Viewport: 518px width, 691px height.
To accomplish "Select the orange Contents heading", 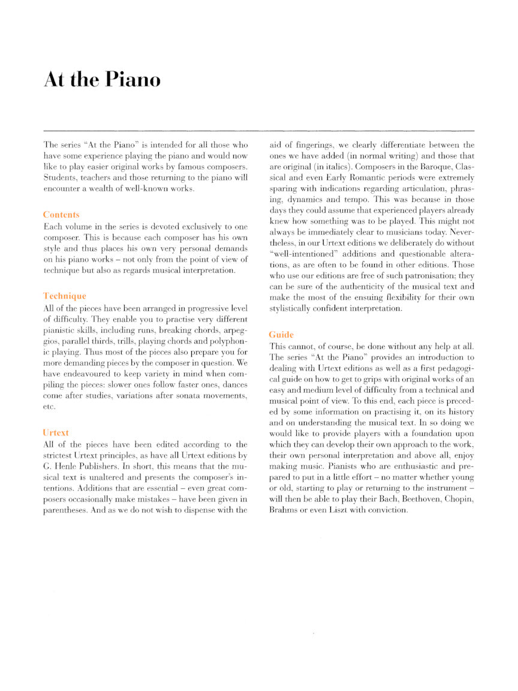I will [61, 214].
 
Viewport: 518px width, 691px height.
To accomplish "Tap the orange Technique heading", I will [65, 296].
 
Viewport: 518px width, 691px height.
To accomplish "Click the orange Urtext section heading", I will [56, 432].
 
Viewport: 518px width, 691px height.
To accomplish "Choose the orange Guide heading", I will [281, 334].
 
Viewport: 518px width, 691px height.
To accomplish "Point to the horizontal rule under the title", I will [259, 130].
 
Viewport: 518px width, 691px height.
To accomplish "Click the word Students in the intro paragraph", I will [59, 179].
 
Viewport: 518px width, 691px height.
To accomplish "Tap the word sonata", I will [191, 396].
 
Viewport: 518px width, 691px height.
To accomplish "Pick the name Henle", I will [69, 466].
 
